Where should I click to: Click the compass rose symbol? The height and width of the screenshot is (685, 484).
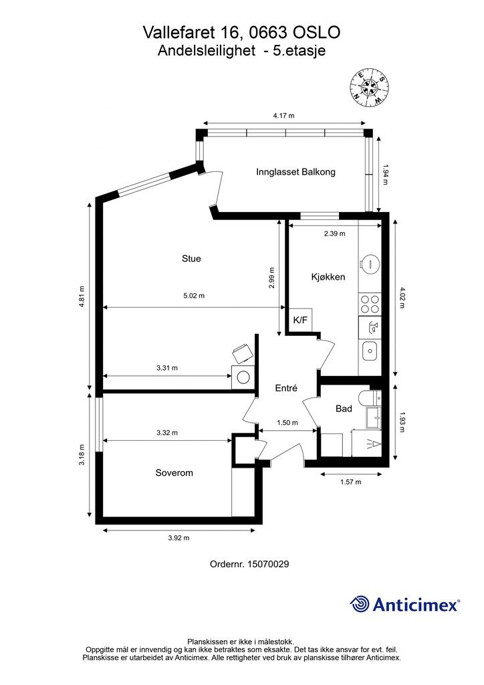(370, 88)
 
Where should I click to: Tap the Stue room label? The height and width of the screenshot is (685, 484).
(191, 259)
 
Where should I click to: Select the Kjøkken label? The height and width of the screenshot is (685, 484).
(328, 277)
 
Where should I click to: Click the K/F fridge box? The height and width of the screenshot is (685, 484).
(300, 320)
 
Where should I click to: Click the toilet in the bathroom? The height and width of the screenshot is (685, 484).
(370, 398)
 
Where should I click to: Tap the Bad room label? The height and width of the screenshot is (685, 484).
(344, 409)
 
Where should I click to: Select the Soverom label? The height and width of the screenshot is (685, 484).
(174, 473)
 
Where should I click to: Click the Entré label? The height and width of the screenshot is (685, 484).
(286, 388)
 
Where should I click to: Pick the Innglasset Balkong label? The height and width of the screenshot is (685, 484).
(296, 172)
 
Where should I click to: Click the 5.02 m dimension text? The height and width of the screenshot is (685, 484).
(195, 296)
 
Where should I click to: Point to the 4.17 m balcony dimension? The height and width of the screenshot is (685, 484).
(284, 116)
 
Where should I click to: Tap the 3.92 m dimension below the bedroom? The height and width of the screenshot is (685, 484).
(179, 538)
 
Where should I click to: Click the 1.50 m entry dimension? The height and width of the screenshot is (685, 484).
(287, 423)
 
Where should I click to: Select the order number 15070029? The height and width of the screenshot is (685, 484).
(268, 564)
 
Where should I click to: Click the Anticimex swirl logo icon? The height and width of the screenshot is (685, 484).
(360, 604)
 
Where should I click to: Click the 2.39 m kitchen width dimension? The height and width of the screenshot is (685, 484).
(335, 233)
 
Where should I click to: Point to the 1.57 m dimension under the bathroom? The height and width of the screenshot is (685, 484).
(351, 482)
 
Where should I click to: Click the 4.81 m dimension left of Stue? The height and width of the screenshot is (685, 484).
(82, 296)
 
